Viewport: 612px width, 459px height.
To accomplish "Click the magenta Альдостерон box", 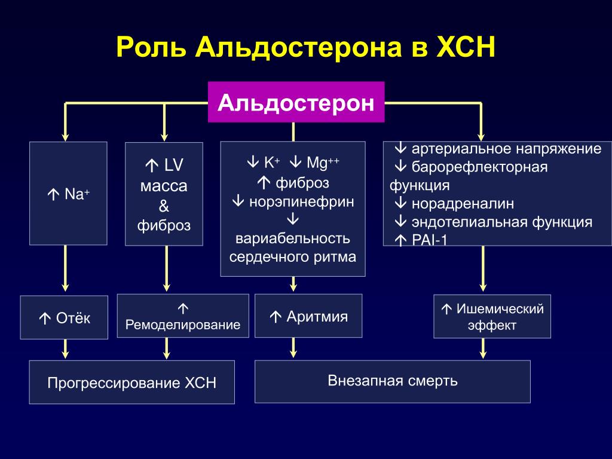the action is [296, 102].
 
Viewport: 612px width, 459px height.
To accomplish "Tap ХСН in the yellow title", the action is [466, 47].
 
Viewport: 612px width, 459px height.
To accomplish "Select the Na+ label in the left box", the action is [77, 194].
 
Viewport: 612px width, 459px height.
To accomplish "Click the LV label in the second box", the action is [174, 165].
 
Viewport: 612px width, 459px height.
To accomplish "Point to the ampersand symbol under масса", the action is [164, 206].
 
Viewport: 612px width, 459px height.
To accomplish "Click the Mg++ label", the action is [323, 163].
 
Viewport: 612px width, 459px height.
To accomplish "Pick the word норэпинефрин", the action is [301, 202].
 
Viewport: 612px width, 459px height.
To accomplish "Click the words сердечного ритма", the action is [293, 257].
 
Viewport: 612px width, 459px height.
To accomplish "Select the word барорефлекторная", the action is [480, 167].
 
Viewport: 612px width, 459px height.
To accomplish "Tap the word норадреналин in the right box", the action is [463, 204].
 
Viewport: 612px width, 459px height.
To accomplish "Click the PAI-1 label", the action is [429, 240].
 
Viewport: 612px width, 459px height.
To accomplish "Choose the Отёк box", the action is [64, 317].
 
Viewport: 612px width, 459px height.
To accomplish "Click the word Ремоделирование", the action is [183, 325].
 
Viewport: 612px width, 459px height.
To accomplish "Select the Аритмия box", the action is [308, 316].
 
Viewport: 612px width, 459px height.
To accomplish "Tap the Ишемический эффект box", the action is [492, 317].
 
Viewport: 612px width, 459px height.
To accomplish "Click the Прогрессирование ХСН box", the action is [132, 382].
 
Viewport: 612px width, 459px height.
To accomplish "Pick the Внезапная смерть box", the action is [393, 381].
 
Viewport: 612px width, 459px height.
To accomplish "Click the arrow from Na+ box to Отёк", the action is [65, 268].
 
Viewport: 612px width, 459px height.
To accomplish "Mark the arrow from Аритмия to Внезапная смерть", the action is [293, 348].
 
